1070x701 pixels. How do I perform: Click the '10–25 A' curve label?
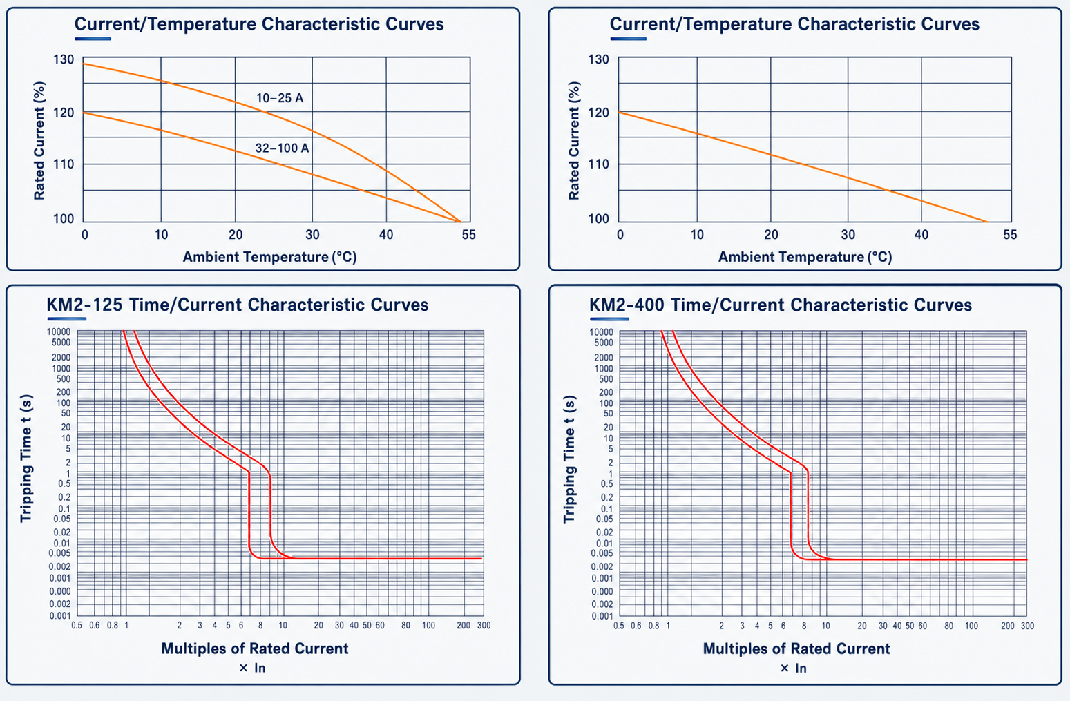click(x=280, y=98)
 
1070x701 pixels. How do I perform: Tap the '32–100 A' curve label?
click(x=282, y=148)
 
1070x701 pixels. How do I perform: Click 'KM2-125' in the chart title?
click(x=84, y=305)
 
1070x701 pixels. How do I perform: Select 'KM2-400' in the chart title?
click(x=627, y=305)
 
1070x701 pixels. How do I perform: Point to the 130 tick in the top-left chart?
click(x=64, y=59)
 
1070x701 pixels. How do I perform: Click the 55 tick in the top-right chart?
click(x=1011, y=234)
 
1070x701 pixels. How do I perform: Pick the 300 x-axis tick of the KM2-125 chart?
click(x=484, y=625)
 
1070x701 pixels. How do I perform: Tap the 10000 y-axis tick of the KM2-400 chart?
click(x=601, y=332)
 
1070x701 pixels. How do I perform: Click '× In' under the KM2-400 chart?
click(x=793, y=668)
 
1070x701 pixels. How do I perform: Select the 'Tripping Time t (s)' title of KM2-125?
click(x=26, y=459)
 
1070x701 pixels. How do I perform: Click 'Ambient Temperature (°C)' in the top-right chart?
click(x=805, y=257)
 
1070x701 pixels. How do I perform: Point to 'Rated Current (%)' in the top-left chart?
click(x=39, y=141)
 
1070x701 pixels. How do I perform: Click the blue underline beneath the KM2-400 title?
click(x=609, y=319)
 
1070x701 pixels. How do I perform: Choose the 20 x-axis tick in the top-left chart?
click(x=236, y=234)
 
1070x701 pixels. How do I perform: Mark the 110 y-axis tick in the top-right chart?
click(x=599, y=164)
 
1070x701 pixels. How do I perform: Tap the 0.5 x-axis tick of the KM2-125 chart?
click(x=77, y=625)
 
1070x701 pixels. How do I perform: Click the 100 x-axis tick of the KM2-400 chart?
click(x=971, y=626)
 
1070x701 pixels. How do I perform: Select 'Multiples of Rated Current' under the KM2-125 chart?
click(x=255, y=649)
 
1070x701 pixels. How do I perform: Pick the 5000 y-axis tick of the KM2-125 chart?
click(x=58, y=343)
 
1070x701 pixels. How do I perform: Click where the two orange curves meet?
click(x=460, y=222)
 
